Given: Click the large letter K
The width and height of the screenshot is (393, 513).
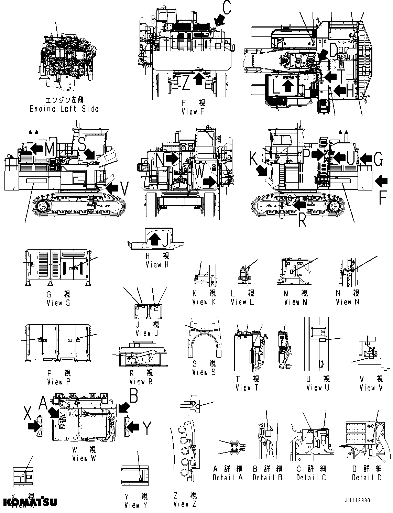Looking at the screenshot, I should point(254,160).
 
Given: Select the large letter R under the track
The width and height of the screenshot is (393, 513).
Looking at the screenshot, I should point(302,221).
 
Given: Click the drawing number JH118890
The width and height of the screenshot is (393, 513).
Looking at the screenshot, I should point(356,500).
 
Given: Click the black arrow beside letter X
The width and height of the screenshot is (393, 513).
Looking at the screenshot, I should point(34,426).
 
